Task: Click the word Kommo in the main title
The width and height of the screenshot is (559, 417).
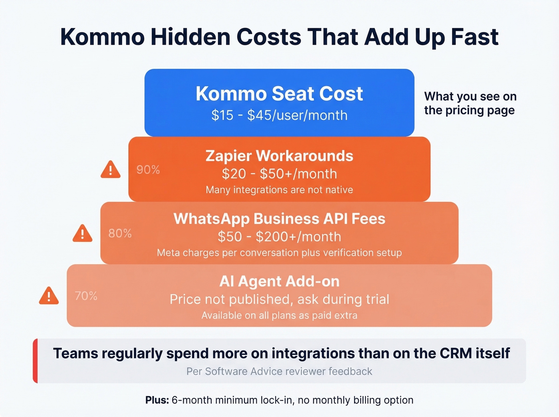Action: (x=102, y=37)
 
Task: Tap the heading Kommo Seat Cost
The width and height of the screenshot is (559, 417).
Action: (x=279, y=94)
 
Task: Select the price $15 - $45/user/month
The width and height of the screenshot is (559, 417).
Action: (x=279, y=115)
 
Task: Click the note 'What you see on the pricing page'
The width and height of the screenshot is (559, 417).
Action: (x=470, y=103)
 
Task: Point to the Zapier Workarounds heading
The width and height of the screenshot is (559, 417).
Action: (x=279, y=156)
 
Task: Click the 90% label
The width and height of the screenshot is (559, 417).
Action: (x=148, y=170)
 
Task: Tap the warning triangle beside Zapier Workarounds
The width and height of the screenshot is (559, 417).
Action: (x=111, y=170)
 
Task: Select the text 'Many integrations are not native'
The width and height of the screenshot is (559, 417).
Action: (x=279, y=190)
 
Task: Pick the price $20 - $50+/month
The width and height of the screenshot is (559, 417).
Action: (x=279, y=174)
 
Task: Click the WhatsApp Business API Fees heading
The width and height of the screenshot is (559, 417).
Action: (x=279, y=219)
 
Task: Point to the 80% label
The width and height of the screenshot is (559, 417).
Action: (x=120, y=233)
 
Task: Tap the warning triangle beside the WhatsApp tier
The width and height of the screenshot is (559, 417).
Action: (x=83, y=233)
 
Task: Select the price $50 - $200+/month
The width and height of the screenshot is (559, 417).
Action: (x=279, y=237)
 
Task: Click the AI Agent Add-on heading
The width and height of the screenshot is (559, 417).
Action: (x=279, y=282)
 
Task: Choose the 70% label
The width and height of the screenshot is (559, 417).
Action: (x=86, y=296)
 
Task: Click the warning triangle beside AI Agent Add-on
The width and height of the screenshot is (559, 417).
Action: (x=49, y=296)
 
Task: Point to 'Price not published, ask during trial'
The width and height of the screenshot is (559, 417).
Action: (x=279, y=299)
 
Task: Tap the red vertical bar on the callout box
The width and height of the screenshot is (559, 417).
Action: (x=36, y=361)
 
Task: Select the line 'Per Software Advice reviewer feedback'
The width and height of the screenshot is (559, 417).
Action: (x=279, y=372)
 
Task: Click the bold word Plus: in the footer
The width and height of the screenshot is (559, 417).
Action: (x=157, y=400)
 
